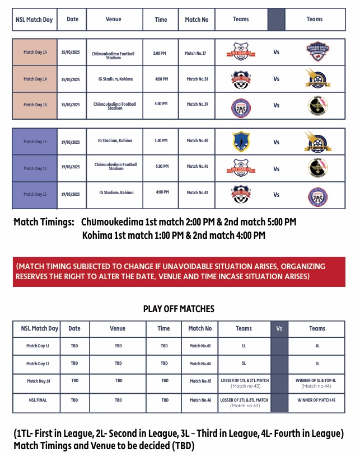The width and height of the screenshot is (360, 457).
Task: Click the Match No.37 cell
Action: point(196,53)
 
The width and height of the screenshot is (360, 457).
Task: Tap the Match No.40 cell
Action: point(197,140)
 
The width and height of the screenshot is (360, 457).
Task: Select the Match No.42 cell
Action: point(197,192)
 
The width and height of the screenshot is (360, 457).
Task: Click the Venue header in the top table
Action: point(113,19)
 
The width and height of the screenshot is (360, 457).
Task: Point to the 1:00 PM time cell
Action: point(162,140)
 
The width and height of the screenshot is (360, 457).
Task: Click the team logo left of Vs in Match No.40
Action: point(241,142)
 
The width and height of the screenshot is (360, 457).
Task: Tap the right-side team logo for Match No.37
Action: point(315,52)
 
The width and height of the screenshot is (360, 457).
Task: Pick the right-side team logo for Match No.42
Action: point(315,195)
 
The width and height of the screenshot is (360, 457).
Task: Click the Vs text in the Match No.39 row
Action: point(277,105)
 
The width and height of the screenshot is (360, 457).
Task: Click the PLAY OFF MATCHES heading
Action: point(179,309)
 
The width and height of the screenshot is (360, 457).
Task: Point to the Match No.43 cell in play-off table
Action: point(200,346)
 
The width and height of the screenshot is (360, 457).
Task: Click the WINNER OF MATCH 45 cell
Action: point(317,400)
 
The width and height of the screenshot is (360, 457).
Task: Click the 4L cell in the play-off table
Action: point(317,346)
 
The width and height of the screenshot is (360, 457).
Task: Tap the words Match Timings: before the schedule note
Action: point(44,222)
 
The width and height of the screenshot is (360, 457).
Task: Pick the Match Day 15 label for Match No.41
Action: point(35,168)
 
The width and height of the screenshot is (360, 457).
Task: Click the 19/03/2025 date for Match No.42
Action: point(71,194)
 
